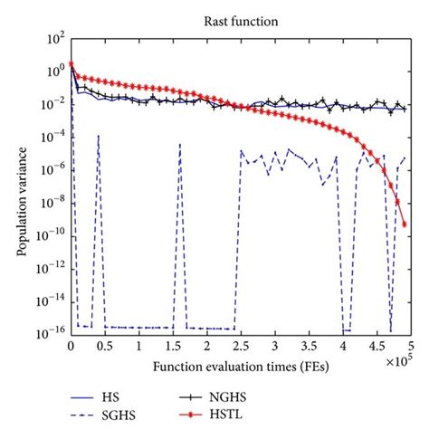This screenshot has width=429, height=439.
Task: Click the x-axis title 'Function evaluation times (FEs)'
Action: pos(240,367)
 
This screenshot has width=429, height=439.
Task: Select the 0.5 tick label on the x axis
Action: pos(104,347)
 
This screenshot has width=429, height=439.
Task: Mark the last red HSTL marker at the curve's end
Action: pos(404,224)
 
